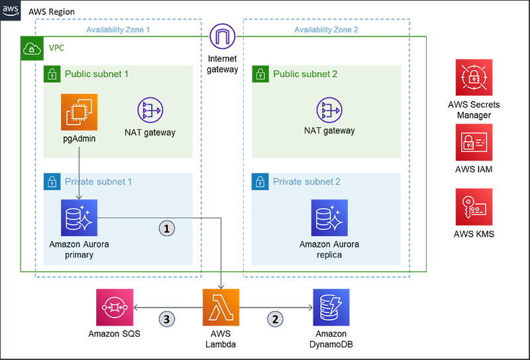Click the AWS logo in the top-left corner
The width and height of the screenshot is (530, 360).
coord(11,11)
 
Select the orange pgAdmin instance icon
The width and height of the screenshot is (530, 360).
coord(79,111)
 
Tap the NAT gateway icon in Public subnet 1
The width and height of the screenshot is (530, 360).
coord(150,110)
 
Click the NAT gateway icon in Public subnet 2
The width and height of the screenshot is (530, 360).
coord(329,110)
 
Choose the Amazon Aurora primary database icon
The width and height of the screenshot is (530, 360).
coord(79,217)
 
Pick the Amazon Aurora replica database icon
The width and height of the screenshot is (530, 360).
coord(329,217)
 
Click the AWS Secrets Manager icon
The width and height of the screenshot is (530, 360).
coord(474,77)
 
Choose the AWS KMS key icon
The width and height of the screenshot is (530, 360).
coord(474,206)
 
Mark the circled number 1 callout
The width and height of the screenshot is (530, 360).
coord(167,227)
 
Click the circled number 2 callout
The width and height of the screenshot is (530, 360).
coord(275,318)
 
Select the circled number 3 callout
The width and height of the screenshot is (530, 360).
coord(167,318)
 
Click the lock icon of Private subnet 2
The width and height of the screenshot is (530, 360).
coord(260,181)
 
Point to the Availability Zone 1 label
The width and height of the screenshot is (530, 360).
coord(118,29)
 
